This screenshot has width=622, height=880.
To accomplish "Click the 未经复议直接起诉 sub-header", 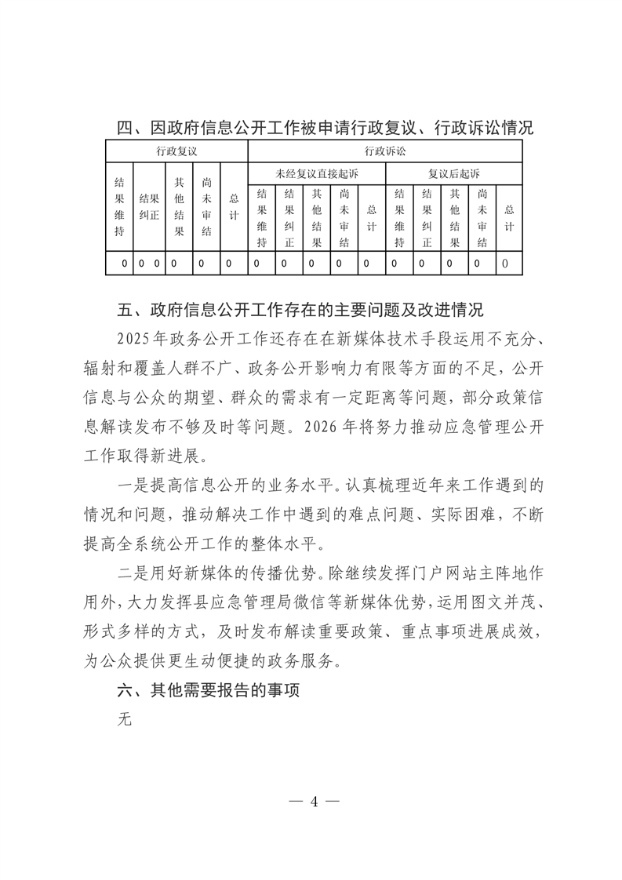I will [x=317, y=173].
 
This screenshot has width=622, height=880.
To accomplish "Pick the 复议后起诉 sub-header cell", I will [x=453, y=173].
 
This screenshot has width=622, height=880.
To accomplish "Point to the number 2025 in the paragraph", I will [x=130, y=338].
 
